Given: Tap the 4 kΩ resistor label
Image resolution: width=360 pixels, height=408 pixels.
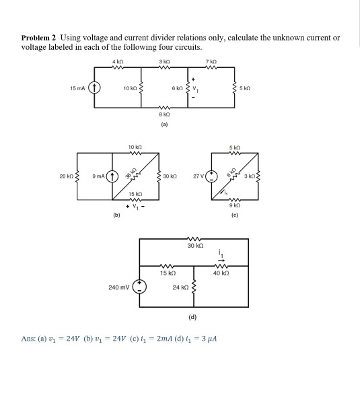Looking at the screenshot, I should [x=118, y=63].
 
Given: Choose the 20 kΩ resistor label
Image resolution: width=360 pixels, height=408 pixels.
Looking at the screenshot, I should [x=65, y=178].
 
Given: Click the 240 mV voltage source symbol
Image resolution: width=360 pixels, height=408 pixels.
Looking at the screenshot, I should [x=140, y=287].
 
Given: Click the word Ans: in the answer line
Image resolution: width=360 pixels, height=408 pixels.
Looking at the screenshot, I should [x=31, y=336].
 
